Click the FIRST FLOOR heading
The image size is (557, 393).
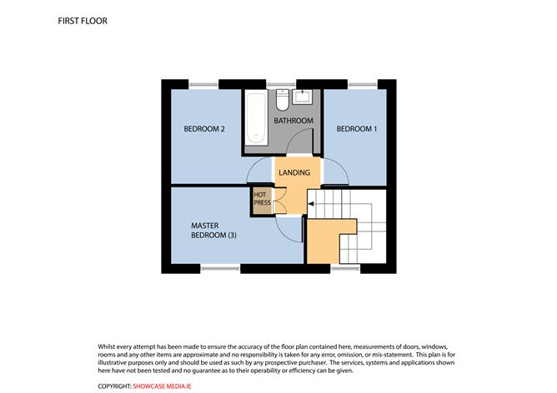(83, 20)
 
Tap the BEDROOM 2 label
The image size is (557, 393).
(205, 129)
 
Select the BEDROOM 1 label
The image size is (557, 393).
(356, 129)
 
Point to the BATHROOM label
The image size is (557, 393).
(293, 122)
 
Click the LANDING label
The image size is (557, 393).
(294, 173)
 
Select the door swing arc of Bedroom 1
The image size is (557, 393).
(336, 172)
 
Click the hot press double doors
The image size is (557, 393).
(279, 199)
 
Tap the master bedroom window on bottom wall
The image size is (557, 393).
(219, 269)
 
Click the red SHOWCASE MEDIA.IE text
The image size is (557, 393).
(163, 386)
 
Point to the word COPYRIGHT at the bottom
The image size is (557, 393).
(114, 386)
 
